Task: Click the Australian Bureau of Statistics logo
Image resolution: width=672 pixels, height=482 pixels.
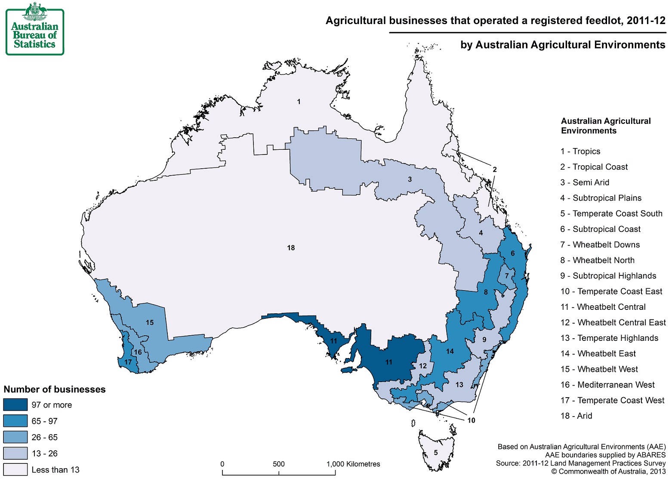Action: pyautogui.click(x=35, y=29)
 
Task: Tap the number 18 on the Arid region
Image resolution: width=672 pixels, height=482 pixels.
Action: pyautogui.click(x=291, y=248)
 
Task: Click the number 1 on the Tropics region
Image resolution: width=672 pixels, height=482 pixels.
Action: pyautogui.click(x=299, y=102)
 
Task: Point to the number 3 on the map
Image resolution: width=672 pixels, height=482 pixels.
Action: pyautogui.click(x=410, y=179)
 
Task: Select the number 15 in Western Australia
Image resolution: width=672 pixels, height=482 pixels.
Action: pyautogui.click(x=149, y=323)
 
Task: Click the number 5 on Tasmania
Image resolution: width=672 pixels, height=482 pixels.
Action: pyautogui.click(x=435, y=453)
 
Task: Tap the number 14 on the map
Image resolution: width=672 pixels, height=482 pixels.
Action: pyautogui.click(x=450, y=352)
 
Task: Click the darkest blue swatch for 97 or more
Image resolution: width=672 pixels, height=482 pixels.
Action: pyautogui.click(x=15, y=405)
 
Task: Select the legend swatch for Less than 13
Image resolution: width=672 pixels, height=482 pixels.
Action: pyautogui.click(x=15, y=470)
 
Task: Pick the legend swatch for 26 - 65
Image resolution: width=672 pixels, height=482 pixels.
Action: pyautogui.click(x=15, y=437)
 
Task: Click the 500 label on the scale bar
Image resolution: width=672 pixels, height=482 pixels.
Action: pyautogui.click(x=278, y=464)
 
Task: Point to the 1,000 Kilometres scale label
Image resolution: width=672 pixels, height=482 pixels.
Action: pyautogui.click(x=353, y=464)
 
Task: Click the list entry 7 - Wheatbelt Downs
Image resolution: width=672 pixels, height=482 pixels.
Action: pyautogui.click(x=600, y=245)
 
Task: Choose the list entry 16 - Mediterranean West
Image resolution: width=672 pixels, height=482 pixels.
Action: pyautogui.click(x=607, y=385)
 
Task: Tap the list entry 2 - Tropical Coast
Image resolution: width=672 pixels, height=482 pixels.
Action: pyautogui.click(x=594, y=167)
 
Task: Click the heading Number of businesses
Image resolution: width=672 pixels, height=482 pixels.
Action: pyautogui.click(x=55, y=389)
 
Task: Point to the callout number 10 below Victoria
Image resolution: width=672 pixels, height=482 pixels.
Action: pyautogui.click(x=471, y=420)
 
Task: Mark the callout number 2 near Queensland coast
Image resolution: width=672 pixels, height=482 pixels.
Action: pyautogui.click(x=494, y=170)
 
